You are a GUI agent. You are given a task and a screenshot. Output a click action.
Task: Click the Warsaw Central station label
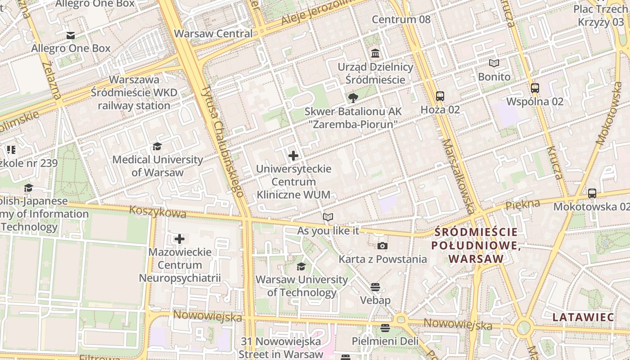coord(213,34)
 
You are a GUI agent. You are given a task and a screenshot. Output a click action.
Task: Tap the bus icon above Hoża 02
coord(440,96)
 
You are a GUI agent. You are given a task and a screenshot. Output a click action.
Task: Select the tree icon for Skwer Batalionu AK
coord(353,98)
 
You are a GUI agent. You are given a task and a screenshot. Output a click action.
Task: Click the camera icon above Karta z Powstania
coord(382,246)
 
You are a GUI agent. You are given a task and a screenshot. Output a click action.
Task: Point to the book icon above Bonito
coord(494,63)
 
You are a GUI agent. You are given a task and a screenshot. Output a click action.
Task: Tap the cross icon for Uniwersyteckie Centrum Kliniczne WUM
coord(293,156)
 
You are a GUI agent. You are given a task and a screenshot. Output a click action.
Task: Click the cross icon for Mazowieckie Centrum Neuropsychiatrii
coord(180,238)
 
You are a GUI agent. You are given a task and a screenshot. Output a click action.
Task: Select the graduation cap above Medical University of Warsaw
coord(157,146)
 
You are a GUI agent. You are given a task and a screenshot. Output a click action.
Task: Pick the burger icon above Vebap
coord(375,287)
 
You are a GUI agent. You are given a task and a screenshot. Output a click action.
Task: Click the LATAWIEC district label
coord(583,317)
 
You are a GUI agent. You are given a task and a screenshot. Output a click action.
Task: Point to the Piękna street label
coord(522,205)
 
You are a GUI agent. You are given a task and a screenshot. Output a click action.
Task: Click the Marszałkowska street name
coord(458,175)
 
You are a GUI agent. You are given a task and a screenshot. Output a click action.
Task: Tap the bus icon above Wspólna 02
coord(535,88)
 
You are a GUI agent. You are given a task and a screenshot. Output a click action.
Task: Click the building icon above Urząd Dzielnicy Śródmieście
coord(375,54)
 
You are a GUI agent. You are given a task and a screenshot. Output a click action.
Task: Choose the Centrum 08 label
coord(401,19)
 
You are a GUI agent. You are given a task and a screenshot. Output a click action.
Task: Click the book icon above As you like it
coord(328,217)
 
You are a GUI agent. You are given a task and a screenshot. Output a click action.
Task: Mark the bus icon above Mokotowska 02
coord(592,193)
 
